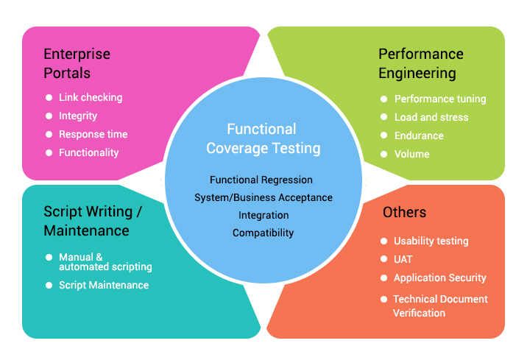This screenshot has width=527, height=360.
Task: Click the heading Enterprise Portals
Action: tap(77, 63)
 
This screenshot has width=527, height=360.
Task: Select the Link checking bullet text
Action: tap(91, 97)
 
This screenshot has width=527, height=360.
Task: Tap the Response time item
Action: tap(93, 134)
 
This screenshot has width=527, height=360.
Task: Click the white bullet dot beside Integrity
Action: tap(49, 116)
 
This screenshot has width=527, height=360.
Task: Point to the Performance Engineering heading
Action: tap(421, 63)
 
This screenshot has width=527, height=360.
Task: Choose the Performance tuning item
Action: tap(440, 99)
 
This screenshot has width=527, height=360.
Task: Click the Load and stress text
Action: tap(431, 117)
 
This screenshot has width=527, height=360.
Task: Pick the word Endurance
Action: tap(419, 135)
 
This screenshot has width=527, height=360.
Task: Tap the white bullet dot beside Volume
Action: tap(383, 154)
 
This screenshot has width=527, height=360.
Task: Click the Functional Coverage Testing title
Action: tap(263, 138)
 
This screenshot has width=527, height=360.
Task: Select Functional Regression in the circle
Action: tap(261, 180)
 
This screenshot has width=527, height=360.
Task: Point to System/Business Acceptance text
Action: tap(263, 197)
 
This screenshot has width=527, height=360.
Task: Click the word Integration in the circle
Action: tap(263, 215)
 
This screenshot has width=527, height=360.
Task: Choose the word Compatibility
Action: tap(263, 233)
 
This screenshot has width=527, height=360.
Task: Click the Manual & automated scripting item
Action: tap(105, 262)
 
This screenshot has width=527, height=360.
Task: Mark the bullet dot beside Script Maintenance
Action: tap(49, 285)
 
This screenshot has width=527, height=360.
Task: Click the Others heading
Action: tap(404, 212)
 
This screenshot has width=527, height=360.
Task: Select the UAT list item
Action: tap(403, 259)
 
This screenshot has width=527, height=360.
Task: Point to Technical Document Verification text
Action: tap(440, 306)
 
